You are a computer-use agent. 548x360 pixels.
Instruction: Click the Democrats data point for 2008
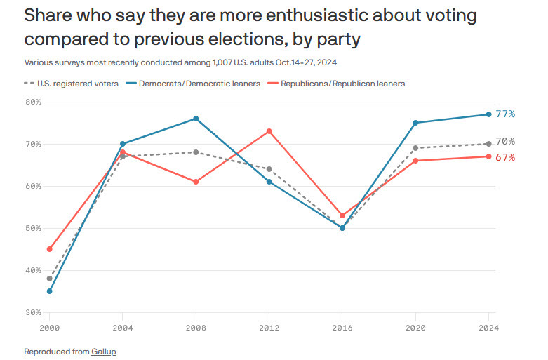click(x=196, y=119)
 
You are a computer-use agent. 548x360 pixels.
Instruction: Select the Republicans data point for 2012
click(x=269, y=131)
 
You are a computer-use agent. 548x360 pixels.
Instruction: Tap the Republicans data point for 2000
click(x=50, y=249)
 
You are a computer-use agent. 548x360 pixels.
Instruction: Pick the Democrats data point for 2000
click(x=50, y=291)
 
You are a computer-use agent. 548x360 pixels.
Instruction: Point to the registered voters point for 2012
click(x=269, y=169)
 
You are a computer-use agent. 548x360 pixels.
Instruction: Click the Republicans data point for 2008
click(x=196, y=182)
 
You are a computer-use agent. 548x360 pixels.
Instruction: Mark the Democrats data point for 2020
click(x=415, y=123)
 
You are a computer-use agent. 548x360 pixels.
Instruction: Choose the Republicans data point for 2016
click(x=342, y=215)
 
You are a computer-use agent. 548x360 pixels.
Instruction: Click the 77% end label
click(x=505, y=114)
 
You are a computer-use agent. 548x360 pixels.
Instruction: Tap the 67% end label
click(x=505, y=157)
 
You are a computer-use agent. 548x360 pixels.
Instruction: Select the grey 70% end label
click(x=505, y=141)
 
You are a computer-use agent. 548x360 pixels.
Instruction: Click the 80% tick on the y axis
click(x=33, y=102)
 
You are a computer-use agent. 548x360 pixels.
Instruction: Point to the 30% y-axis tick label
click(x=33, y=312)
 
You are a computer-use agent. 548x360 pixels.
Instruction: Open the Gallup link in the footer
click(x=102, y=350)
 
